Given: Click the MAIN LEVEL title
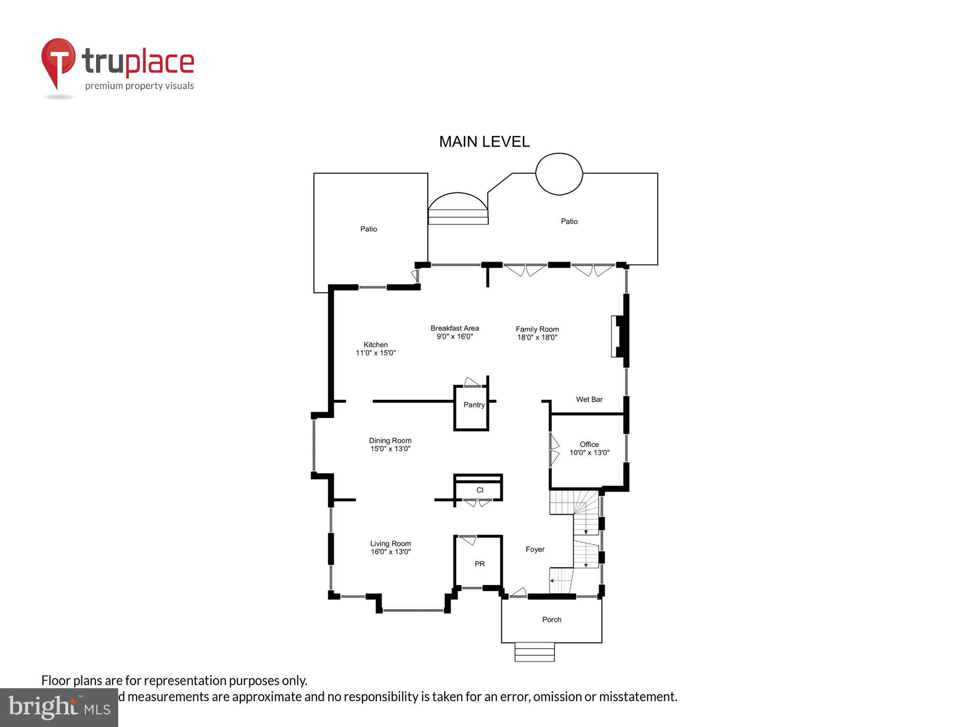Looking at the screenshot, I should coord(484,142).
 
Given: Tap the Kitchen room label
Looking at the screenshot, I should coord(375,345).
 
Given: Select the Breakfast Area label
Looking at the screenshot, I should coord(454,328).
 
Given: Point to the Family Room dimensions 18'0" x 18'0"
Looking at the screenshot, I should coord(537,337).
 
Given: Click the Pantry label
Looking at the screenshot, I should coord(474,405).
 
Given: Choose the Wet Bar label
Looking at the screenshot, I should coord(589,399).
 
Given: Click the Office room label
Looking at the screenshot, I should coord(589,444).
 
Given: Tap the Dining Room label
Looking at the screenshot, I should coord(390,441).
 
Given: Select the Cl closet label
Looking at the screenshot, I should coord(480,490).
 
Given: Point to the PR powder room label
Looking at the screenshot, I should coord(480,564).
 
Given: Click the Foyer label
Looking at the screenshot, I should coord(535,549).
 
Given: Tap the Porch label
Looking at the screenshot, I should coord(551,619).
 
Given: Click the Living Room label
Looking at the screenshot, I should coord(391,544).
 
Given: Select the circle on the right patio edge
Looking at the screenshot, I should coord(559,174).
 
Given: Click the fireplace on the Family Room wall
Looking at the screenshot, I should coord(619,336).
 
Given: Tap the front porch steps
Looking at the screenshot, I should coord(534,652).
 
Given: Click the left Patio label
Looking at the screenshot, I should coord(368,229).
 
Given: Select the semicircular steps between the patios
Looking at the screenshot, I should coord(458,208).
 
